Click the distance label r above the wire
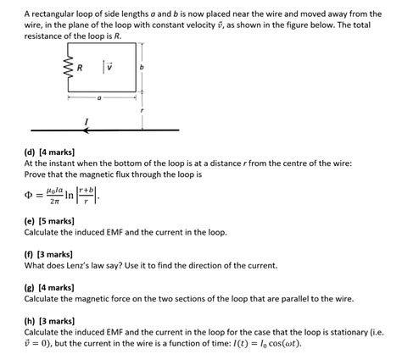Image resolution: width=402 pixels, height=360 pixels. point(142,110)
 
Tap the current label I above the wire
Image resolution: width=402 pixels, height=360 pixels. point(87,122)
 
